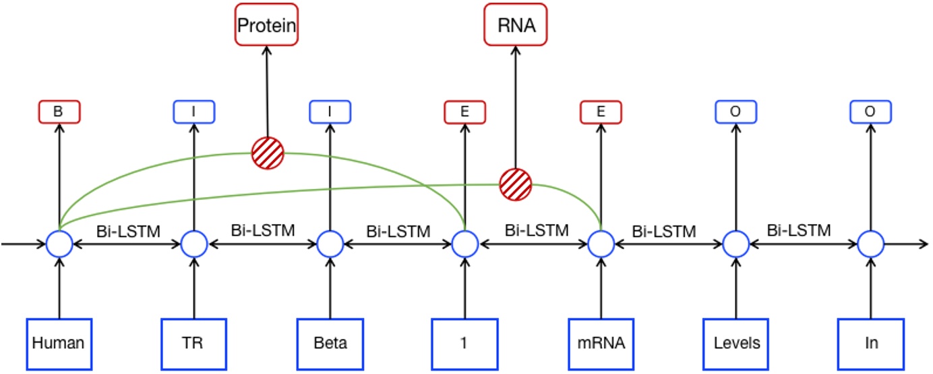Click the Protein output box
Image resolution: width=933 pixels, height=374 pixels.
266,25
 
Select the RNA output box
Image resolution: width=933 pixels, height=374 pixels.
516,25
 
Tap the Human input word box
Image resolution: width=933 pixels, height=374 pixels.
59,343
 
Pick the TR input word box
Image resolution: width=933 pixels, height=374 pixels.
194,343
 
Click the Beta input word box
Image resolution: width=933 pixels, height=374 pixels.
330,343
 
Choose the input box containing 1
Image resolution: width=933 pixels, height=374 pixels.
464,343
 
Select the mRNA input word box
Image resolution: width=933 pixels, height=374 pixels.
601,343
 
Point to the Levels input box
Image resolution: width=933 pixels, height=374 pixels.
736,343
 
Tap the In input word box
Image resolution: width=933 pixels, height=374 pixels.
870,343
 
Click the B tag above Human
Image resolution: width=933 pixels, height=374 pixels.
59,112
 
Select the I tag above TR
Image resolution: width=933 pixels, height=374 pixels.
194,112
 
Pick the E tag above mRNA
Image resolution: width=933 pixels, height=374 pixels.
601,112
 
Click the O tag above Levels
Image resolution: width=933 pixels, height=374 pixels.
735,112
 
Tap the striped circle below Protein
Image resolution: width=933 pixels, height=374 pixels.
268,153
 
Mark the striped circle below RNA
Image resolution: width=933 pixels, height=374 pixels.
516,184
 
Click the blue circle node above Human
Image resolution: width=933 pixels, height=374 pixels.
59,244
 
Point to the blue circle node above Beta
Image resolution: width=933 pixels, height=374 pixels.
330,244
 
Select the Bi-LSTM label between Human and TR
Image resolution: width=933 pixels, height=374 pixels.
127,231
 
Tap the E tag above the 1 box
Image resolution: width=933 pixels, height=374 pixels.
464,112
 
